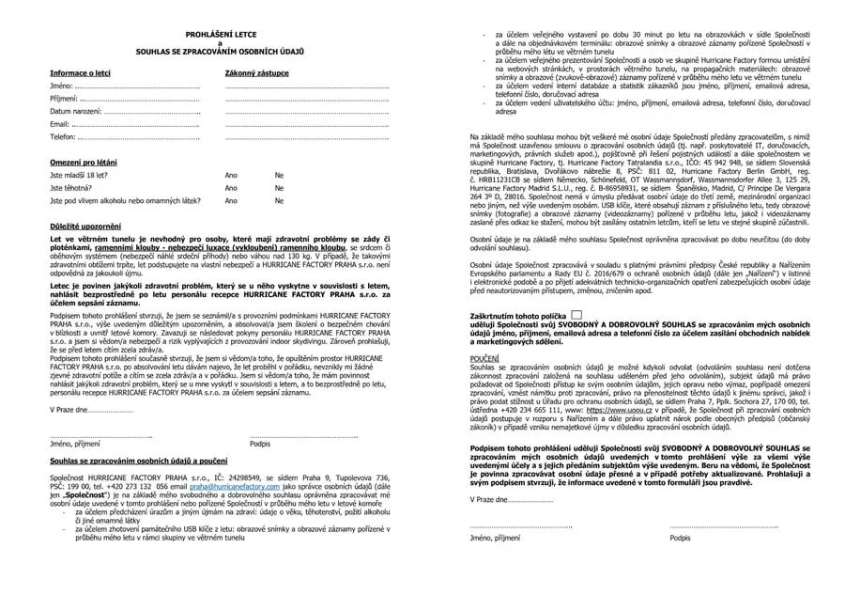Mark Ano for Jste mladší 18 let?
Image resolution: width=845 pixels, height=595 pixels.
coord(231,176)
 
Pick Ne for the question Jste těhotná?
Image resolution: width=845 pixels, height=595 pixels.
coord(279,188)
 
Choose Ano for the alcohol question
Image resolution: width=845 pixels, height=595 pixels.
coord(231,200)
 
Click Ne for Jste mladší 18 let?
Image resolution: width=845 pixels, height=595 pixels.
coord(279,176)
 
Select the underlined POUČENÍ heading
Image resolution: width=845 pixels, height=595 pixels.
coord(484,358)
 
